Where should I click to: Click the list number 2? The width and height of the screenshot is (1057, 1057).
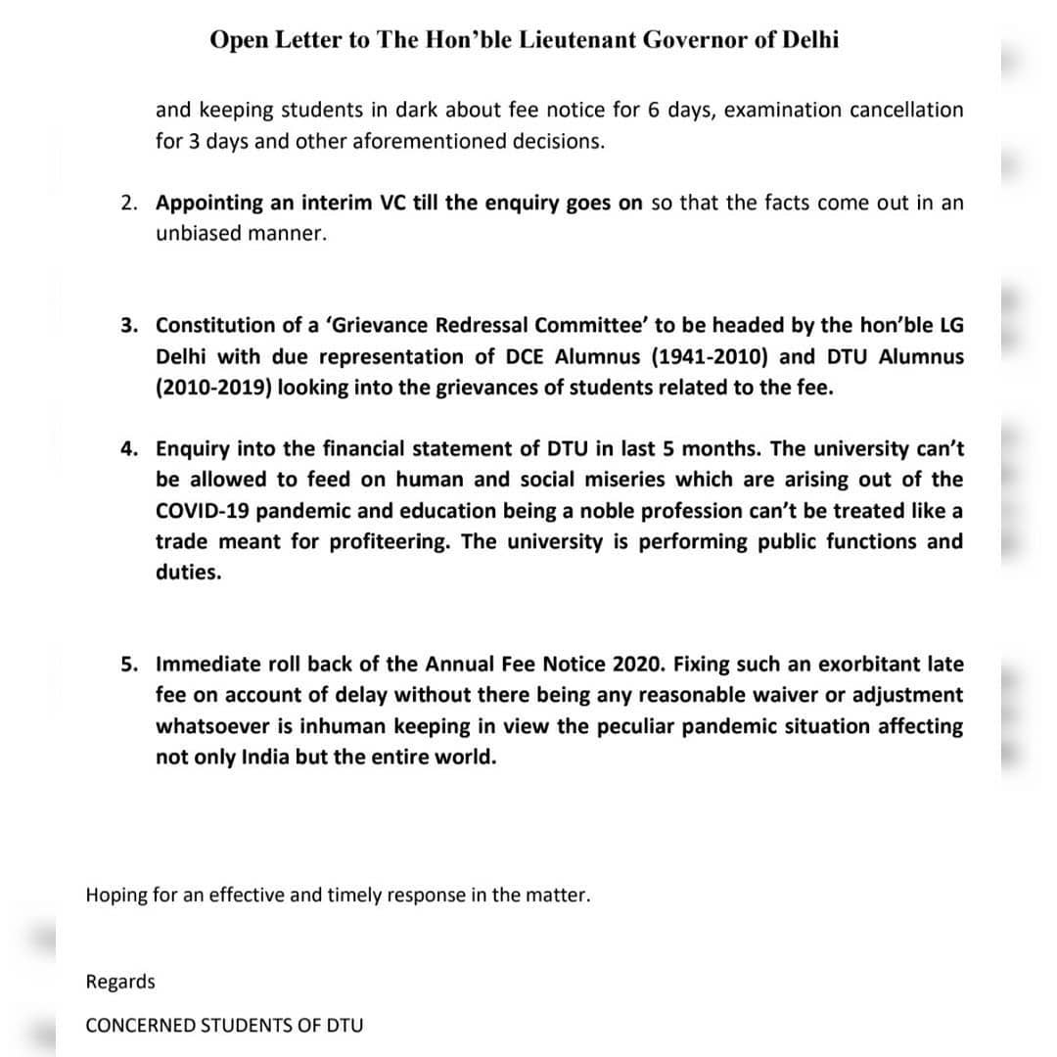(129, 204)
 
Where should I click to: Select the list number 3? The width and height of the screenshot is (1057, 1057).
(129, 325)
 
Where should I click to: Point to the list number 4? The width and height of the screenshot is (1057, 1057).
(129, 448)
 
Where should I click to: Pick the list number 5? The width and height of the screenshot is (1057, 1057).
(129, 665)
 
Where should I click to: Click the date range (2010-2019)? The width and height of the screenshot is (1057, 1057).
(215, 388)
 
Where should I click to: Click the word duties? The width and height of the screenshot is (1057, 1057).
(189, 574)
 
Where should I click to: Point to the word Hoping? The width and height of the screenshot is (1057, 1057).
(116, 895)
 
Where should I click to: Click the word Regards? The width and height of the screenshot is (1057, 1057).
(120, 982)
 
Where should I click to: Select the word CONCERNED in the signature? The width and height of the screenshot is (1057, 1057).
(140, 1026)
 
